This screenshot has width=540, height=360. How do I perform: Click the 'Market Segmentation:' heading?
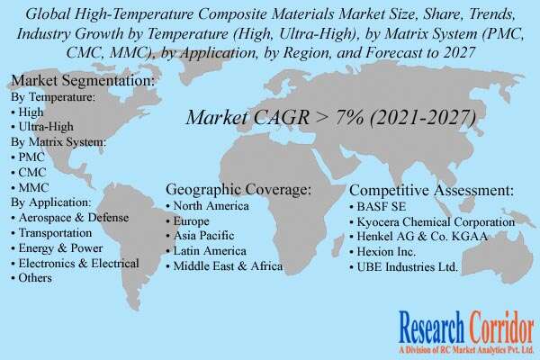81,81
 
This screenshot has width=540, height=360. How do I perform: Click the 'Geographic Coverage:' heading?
238,190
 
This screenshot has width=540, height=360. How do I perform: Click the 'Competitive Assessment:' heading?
431,191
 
